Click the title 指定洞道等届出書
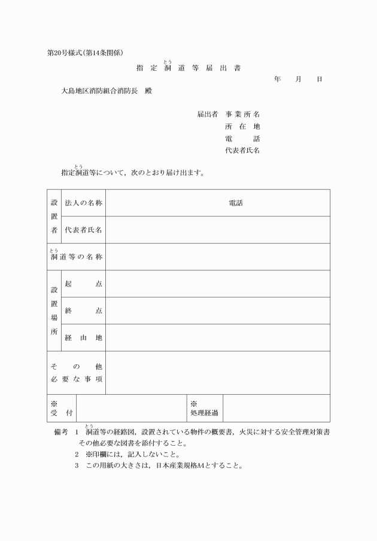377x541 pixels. coord(188,68)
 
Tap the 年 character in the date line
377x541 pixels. coord(277,79)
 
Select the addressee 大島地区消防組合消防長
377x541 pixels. coord(100,92)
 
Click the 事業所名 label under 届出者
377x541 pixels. coord(242,114)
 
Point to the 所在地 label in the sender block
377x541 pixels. coord(242,126)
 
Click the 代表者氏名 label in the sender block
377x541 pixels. coord(242,150)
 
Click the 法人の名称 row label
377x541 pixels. coord(84,203)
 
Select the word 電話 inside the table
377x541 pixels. coord(236,203)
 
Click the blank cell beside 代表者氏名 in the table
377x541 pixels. coord(217,229)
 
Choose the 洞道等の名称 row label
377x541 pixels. coord(76,257)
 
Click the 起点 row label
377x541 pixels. coord(83,283)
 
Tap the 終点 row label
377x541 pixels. coord(83,310)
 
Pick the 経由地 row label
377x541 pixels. coord(83,337)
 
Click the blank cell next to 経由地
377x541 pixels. coord(217,337)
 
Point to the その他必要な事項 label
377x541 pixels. coord(76,372)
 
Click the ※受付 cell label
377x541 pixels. coord(62,409)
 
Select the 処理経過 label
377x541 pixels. coord(204,412)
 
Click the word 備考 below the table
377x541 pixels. coord(62,432)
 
